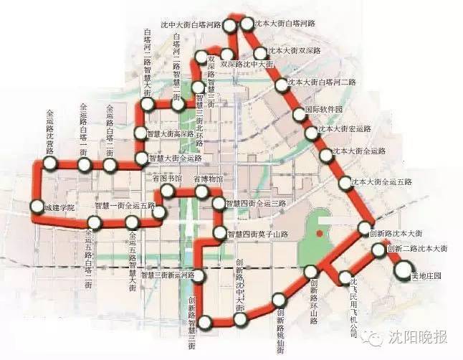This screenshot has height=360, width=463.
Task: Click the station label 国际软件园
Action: [324, 110]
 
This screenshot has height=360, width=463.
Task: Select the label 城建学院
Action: [59, 208]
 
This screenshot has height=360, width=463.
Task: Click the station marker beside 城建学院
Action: [38, 208]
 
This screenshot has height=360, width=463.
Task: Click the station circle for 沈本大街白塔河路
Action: [248, 24]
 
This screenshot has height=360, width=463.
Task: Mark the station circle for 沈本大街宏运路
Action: [311, 133]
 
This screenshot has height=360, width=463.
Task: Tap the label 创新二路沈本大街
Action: [417, 248]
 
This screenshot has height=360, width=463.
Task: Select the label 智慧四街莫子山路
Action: [257, 234]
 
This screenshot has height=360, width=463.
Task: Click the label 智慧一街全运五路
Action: [125, 205]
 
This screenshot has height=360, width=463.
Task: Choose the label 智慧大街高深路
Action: [171, 133]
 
